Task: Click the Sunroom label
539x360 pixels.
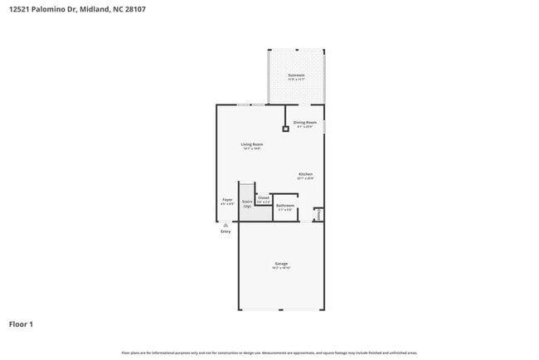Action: coord(296,75)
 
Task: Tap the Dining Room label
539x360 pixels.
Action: coord(304,122)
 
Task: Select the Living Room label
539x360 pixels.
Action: coord(252,144)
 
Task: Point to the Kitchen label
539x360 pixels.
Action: coord(305,174)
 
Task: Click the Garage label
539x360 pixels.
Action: coord(281,264)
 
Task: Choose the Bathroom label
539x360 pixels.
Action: coord(285,205)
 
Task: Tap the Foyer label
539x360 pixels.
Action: coord(227,199)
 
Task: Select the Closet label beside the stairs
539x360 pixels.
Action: coord(263,197)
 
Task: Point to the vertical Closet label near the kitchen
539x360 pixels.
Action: coord(318,215)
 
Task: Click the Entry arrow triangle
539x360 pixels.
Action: coord(226,224)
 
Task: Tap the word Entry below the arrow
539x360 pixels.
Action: coord(226,231)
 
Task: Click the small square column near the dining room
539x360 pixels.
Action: coord(285,129)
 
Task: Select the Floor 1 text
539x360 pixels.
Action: coord(22,324)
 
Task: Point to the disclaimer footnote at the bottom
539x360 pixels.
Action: coord(269,353)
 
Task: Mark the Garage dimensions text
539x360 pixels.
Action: coord(281,269)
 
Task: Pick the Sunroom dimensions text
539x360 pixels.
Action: coord(296,80)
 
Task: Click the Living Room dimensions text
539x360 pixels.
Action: coord(252,149)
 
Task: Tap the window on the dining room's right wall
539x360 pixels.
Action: coord(323,126)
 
